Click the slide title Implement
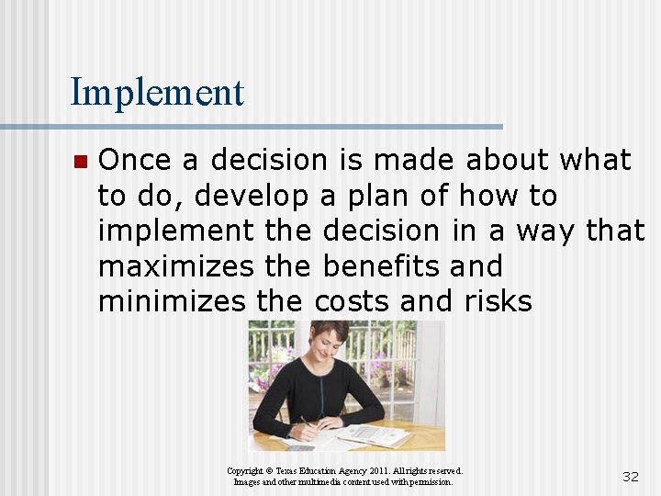click(x=157, y=93)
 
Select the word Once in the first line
click(x=135, y=160)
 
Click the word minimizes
click(x=172, y=301)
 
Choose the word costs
click(x=354, y=301)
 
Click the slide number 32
click(x=630, y=476)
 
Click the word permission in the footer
click(x=430, y=481)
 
